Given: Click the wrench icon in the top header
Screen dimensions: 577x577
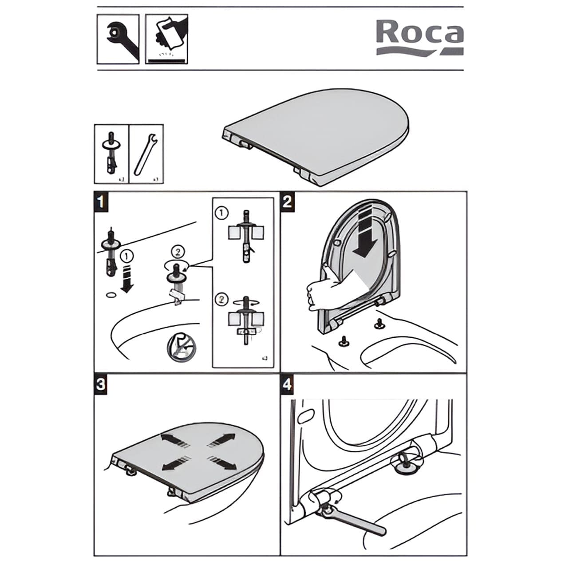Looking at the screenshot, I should click(x=118, y=39).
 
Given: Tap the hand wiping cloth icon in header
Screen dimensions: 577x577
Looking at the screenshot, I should click(x=166, y=39).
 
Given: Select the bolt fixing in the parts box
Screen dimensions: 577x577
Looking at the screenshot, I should click(x=111, y=153).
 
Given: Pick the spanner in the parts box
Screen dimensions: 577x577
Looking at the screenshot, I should click(x=146, y=153).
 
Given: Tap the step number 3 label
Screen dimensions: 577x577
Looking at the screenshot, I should click(x=101, y=384).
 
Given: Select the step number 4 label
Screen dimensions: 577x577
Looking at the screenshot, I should click(x=288, y=384).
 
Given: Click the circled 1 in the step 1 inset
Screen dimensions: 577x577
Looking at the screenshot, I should click(x=221, y=213).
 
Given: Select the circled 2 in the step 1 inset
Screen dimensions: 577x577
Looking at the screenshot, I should click(x=221, y=299).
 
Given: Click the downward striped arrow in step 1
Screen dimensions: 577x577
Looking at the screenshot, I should click(x=127, y=278).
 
